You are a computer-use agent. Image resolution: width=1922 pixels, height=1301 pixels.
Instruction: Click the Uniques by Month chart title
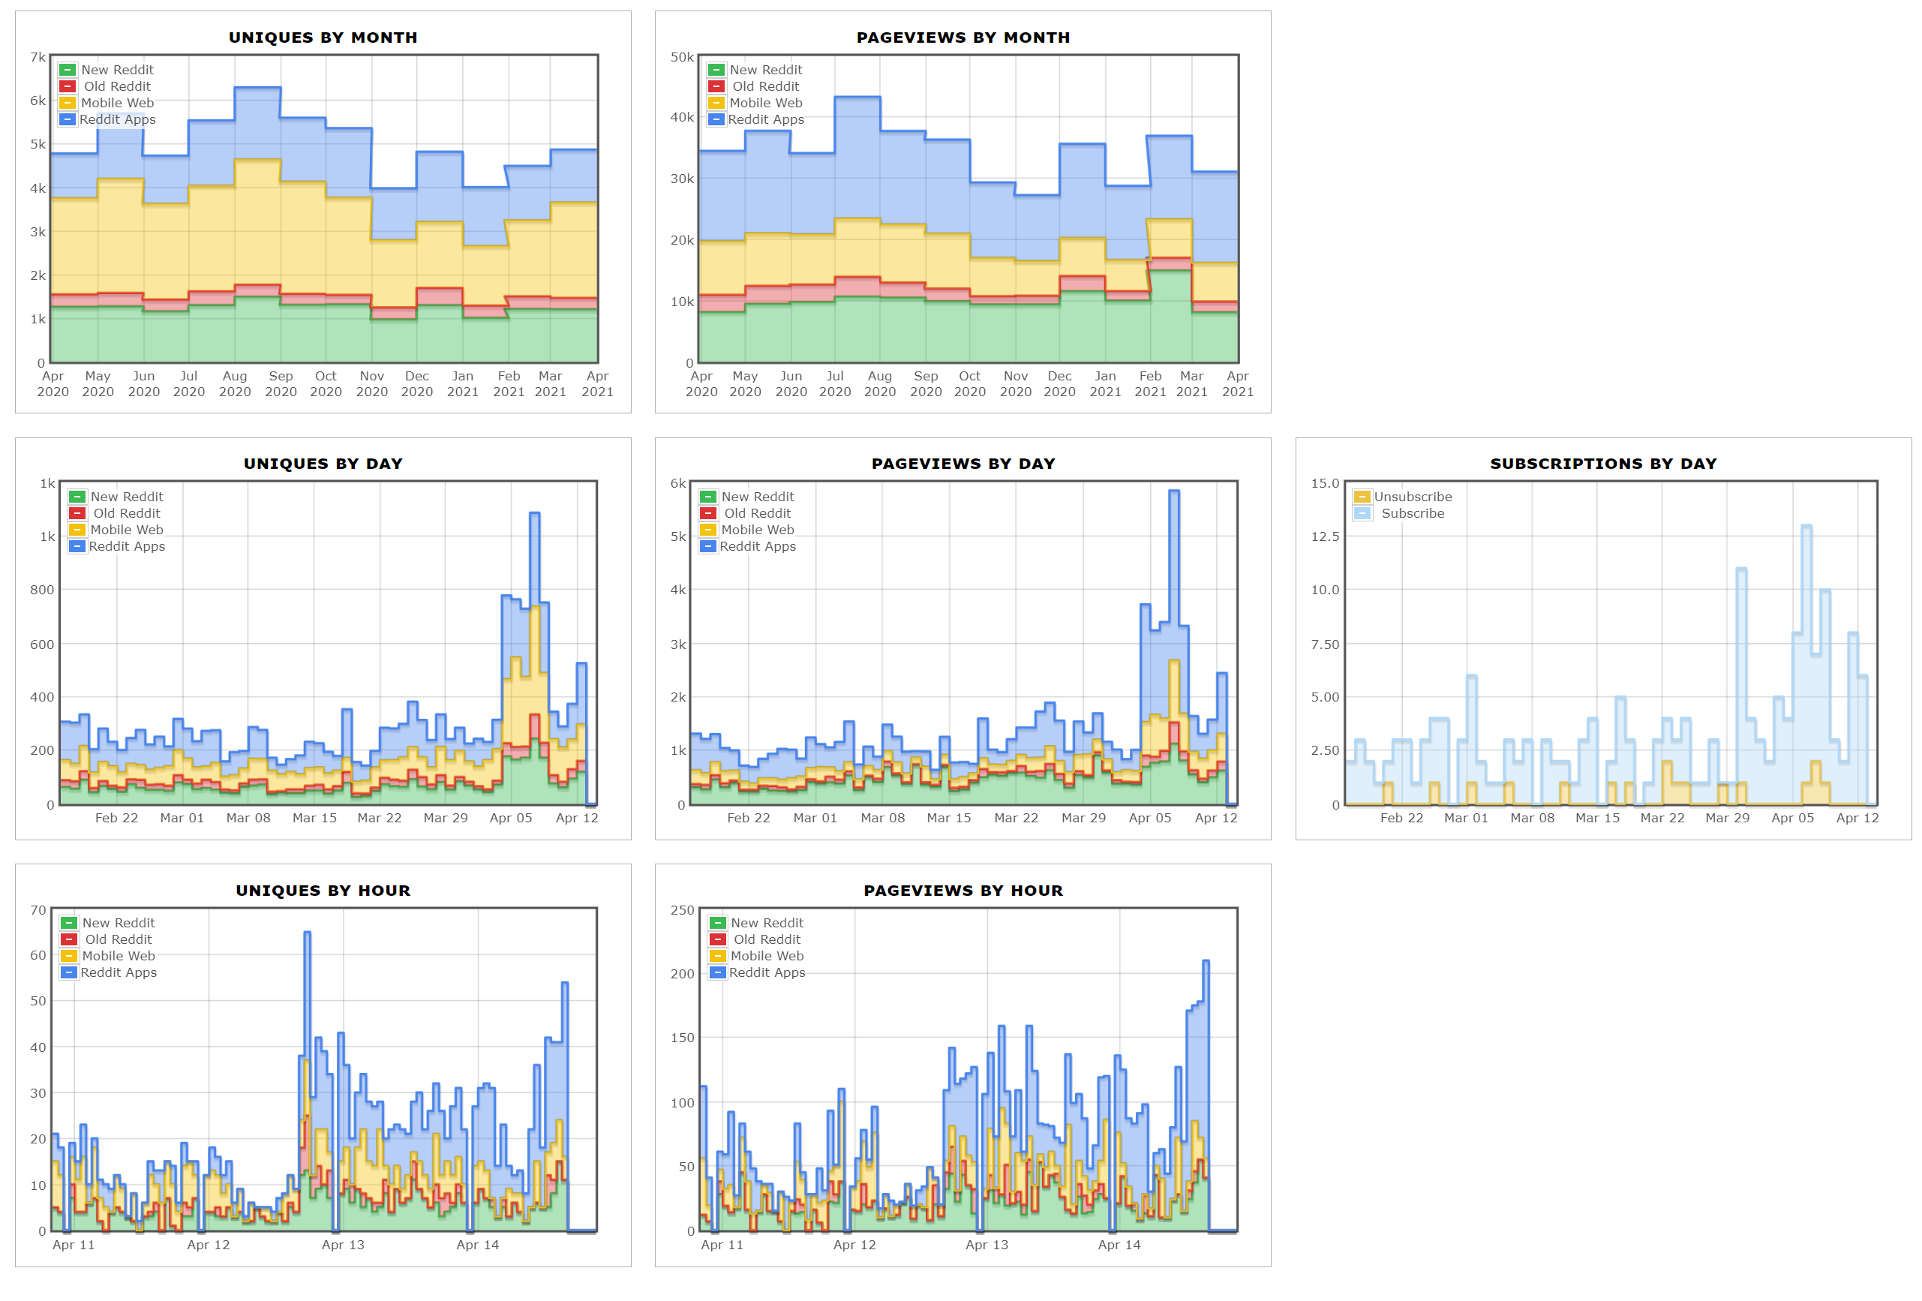coord(323,38)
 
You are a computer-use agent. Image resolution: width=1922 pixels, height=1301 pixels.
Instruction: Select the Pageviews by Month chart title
coord(963,38)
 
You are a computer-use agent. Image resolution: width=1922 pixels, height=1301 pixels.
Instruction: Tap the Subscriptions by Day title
coord(1602,463)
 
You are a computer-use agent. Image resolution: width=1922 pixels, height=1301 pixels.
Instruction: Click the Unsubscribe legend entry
coord(1412,496)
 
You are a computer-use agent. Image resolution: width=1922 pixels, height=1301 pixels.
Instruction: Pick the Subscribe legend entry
coord(1412,512)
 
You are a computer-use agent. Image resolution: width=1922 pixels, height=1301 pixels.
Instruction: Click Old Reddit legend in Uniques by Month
coord(116,86)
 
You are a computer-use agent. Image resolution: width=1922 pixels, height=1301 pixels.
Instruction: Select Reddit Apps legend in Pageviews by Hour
coord(766,972)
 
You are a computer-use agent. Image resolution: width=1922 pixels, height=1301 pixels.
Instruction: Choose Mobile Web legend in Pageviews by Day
coord(757,530)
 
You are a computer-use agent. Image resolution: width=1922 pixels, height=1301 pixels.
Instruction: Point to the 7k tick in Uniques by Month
coord(38,57)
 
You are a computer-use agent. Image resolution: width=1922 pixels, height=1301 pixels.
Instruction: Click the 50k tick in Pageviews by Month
coord(682,57)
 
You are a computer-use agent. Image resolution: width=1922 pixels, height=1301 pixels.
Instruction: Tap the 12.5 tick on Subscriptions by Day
coord(1324,536)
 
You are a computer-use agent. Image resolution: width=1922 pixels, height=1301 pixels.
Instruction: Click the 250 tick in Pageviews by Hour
coord(682,910)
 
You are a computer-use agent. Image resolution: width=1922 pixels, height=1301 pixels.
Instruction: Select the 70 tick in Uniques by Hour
coord(38,910)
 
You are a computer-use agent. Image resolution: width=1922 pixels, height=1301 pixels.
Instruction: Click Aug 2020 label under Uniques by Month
coord(235,383)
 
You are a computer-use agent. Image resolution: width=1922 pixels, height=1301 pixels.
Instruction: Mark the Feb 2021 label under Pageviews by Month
coord(1149,383)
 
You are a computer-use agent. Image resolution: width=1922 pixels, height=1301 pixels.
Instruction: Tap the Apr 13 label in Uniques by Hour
coord(342,1244)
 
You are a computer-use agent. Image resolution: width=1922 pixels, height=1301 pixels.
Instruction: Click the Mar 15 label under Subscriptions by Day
coord(1597,817)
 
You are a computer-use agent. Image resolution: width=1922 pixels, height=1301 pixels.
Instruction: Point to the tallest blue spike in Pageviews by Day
coord(1173,491)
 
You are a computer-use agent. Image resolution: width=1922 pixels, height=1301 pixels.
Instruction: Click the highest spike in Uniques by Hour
coord(307,933)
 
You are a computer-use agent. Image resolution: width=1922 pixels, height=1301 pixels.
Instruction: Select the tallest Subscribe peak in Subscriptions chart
coord(1806,527)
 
